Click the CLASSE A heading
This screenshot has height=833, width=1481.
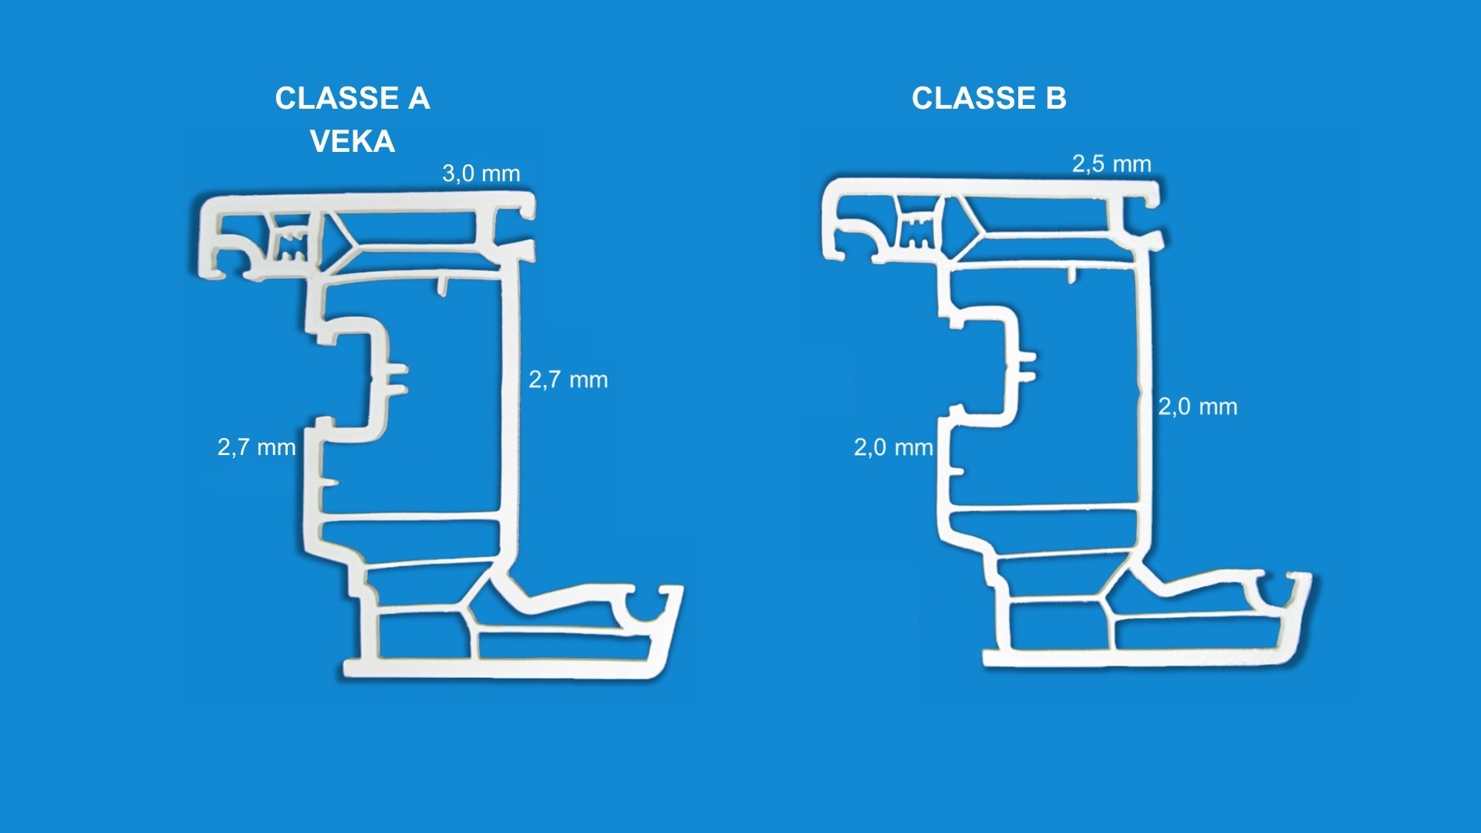pyautogui.click(x=353, y=99)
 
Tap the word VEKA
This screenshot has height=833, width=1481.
pyautogui.click(x=353, y=142)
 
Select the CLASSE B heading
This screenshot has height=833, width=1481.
pyautogui.click(x=989, y=99)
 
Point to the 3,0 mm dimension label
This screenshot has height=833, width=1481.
pyautogui.click(x=481, y=174)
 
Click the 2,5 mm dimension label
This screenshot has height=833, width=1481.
pyautogui.click(x=1112, y=164)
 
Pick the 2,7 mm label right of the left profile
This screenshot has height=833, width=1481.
pyautogui.click(x=568, y=379)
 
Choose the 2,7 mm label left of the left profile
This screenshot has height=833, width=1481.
pyautogui.click(x=257, y=447)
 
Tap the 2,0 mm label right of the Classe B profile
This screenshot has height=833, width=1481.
pyautogui.click(x=1198, y=406)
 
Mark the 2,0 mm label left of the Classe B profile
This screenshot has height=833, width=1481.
pyautogui.click(x=893, y=447)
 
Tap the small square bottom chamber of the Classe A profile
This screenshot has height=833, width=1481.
pyautogui.click(x=423, y=635)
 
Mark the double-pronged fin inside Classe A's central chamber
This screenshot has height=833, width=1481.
pyautogui.click(x=396, y=379)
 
